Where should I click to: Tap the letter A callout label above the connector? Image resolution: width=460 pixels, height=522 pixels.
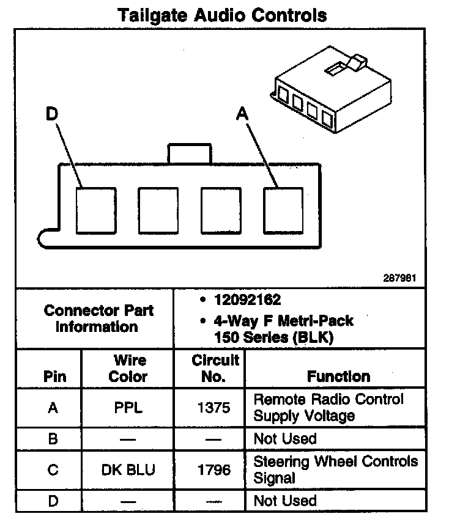pyautogui.click(x=243, y=114)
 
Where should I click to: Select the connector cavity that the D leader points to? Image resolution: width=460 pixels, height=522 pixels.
pyautogui.click(x=96, y=210)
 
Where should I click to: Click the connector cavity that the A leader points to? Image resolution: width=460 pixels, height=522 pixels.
pyautogui.click(x=283, y=210)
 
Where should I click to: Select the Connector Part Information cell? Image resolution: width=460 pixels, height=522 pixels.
pyautogui.click(x=98, y=318)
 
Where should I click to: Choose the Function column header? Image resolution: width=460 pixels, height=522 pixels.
pyautogui.click(x=338, y=376)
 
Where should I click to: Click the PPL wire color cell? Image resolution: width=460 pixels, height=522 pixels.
pyautogui.click(x=128, y=408)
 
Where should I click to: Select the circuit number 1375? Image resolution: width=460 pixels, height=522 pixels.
pyautogui.click(x=213, y=408)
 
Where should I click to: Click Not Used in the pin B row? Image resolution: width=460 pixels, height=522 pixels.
pyautogui.click(x=285, y=439)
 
